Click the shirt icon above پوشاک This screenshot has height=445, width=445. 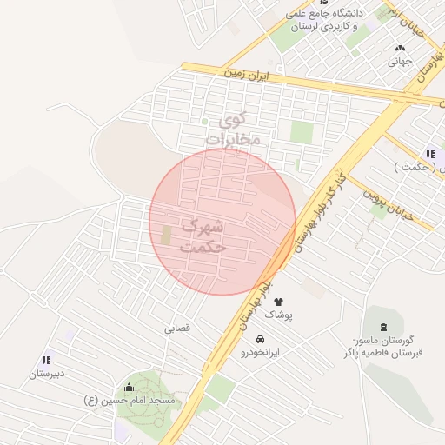[278, 302]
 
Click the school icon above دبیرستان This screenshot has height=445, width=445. [45, 360]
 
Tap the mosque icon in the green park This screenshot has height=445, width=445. [130, 387]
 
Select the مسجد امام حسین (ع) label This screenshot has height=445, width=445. [130, 401]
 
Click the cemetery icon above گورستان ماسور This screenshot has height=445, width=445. [384, 326]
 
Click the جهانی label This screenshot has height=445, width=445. [399, 62]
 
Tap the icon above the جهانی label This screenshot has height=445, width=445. [400, 49]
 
